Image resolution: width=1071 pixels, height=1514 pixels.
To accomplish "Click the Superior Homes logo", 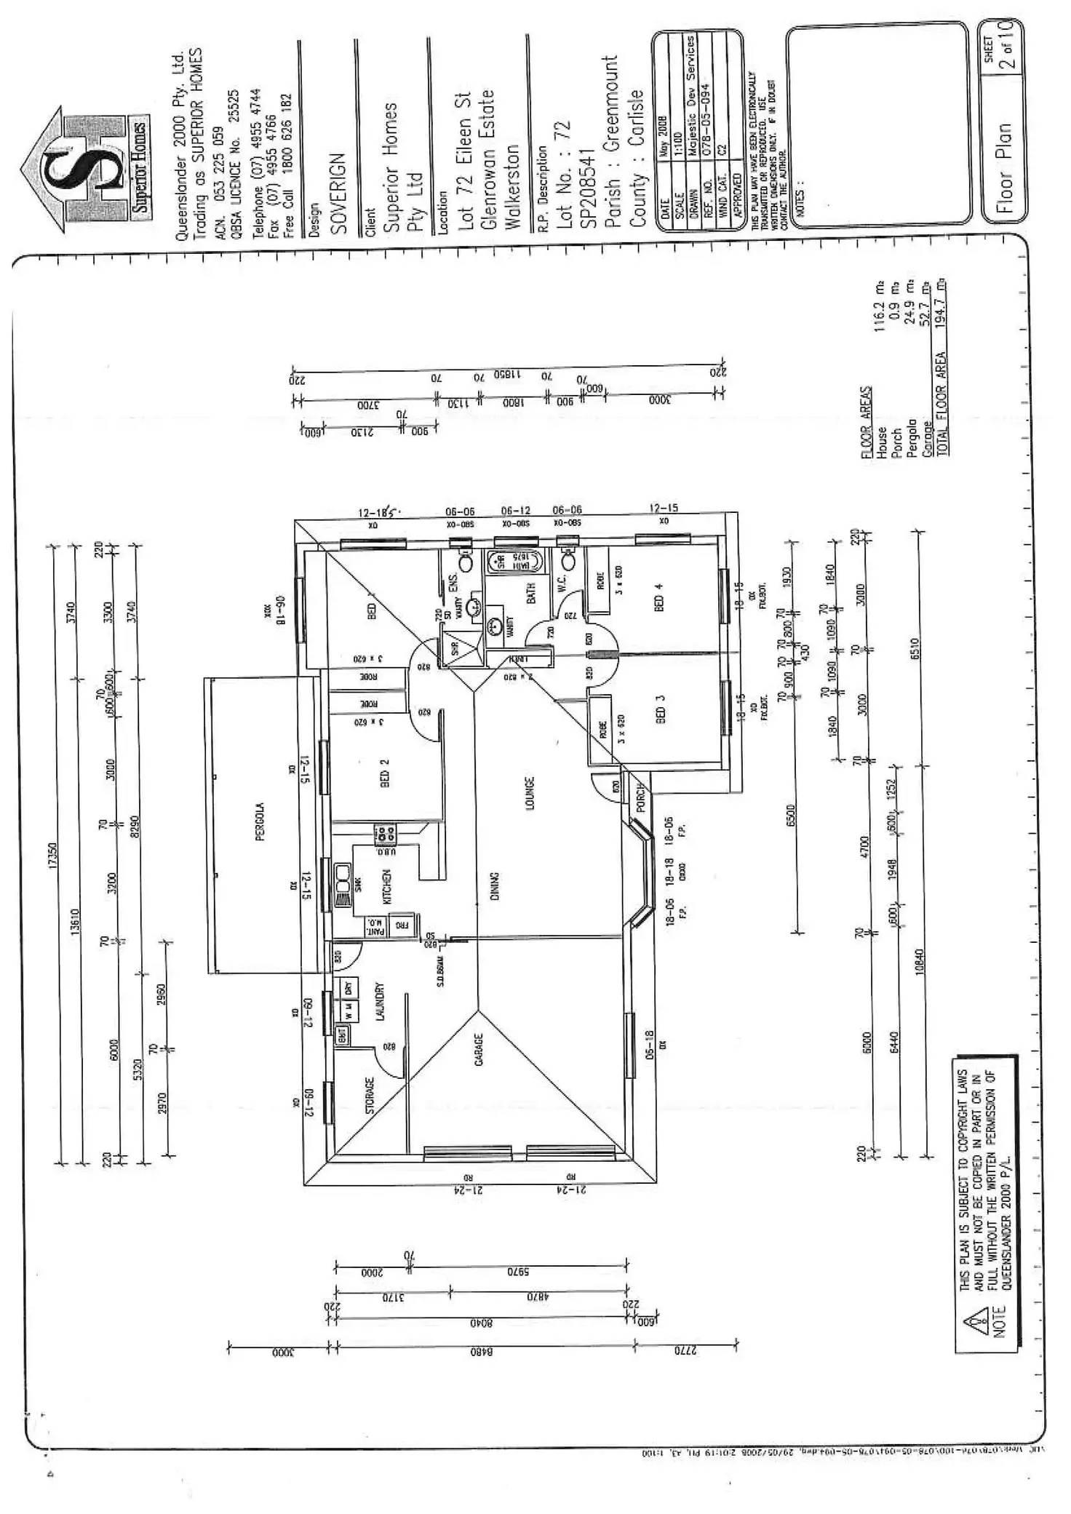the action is [x=85, y=171].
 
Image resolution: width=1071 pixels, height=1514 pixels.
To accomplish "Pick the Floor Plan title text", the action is [x=1004, y=167].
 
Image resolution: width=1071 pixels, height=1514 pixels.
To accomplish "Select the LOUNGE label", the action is [x=530, y=793].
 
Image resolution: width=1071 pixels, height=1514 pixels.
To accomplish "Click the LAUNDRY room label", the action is [x=379, y=1003].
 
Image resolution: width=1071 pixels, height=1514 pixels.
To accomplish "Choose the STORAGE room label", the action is [x=370, y=1096].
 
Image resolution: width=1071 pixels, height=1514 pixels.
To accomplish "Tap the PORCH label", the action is [x=641, y=797].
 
